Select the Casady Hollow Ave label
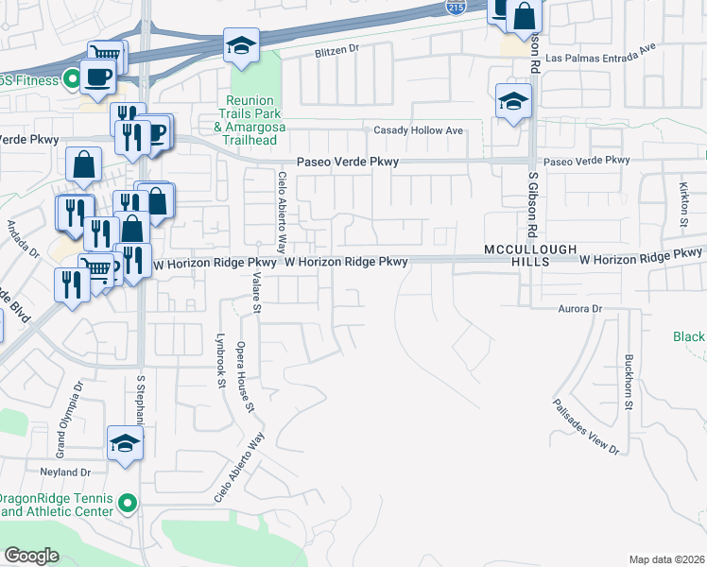point(419,130)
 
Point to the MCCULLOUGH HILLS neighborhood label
point(529,254)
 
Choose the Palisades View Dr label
point(586,426)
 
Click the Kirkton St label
point(683,198)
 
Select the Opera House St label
point(246,376)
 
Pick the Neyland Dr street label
point(65,472)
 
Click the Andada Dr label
point(23,239)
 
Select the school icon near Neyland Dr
point(124,444)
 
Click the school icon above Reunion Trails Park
point(241,44)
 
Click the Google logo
point(31,556)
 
